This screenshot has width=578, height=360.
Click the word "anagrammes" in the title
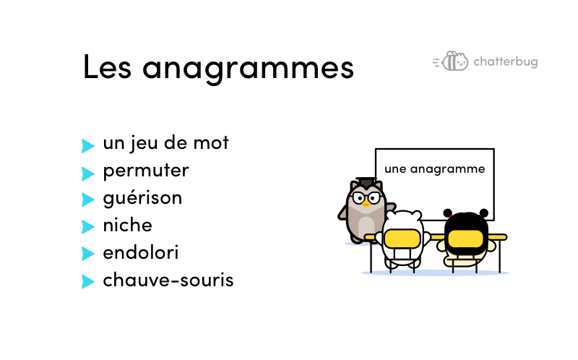248,69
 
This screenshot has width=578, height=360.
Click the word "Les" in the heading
107,67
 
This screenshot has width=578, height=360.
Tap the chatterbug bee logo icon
450,61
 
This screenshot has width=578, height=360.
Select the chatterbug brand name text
505,61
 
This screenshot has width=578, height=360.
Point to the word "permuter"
146,171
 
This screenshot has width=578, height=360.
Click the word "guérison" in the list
142,199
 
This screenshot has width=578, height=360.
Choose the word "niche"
128,225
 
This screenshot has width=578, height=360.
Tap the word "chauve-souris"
168,280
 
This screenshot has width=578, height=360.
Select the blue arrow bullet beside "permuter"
87,173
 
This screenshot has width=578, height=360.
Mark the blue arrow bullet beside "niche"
87,227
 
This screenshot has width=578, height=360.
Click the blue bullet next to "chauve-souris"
87,281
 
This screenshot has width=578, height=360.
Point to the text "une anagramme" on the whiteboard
435,169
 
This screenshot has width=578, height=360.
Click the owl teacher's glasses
366,197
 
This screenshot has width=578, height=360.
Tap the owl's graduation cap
366,182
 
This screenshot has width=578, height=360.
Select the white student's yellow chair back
402,239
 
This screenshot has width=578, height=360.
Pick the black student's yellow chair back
465,239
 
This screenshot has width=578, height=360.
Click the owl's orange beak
366,204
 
